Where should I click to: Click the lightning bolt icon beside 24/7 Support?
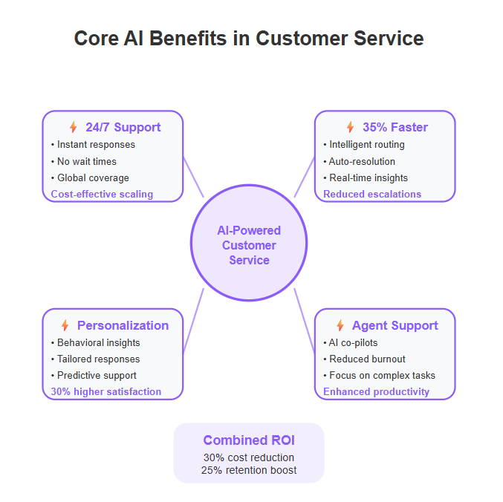[x=74, y=127]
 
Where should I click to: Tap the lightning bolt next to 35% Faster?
[x=350, y=127]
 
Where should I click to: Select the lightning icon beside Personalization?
[x=65, y=325]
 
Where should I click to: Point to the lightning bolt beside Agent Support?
[x=340, y=325]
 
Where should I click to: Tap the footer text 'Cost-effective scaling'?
[x=102, y=194]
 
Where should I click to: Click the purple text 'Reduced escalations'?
[x=372, y=194]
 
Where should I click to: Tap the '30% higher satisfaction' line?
[x=106, y=391]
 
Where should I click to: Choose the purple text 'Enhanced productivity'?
[x=376, y=391]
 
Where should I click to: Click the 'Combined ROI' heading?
[x=249, y=440]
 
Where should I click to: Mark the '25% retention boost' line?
[x=249, y=470]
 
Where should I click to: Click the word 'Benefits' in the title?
[x=188, y=38]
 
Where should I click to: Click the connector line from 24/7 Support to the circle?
[x=193, y=177]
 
